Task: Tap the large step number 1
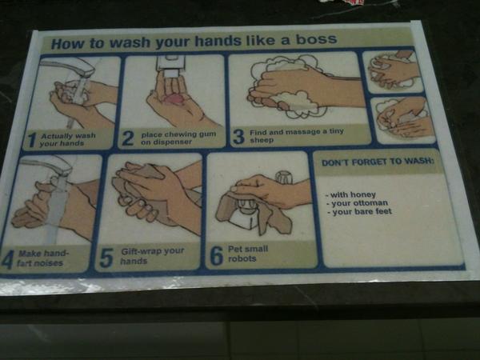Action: coord(31,140)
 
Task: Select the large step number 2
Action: coord(128,138)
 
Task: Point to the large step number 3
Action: coord(238,137)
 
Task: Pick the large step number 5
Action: coord(106,258)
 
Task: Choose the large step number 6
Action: coord(217,256)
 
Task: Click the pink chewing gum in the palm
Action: coord(174,99)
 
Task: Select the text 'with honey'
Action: coord(350,194)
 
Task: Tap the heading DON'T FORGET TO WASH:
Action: coord(378,162)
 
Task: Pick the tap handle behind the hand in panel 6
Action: coord(284,178)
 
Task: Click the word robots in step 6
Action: coord(242,258)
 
